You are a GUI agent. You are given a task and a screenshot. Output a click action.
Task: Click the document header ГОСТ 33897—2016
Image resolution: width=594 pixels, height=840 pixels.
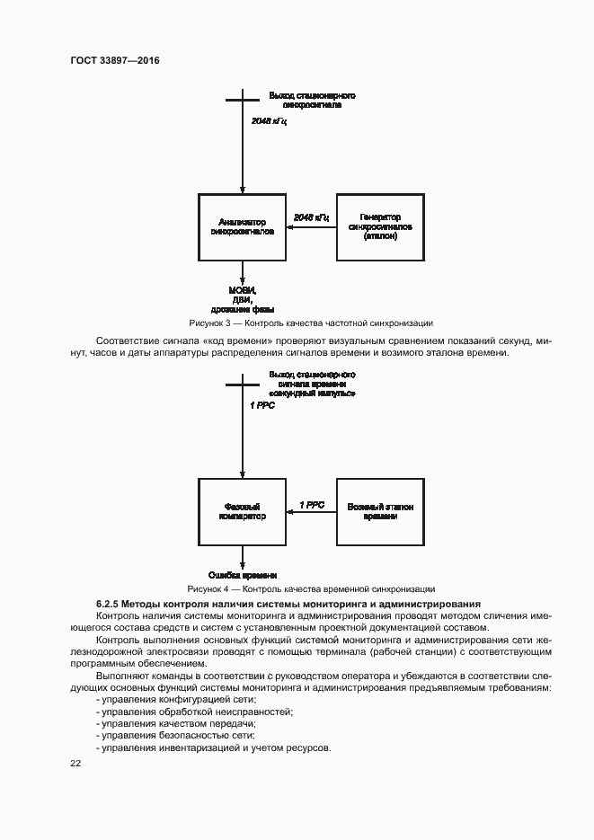(115, 60)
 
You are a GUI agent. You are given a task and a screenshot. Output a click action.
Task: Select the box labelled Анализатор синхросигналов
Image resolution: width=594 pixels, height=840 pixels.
(242, 226)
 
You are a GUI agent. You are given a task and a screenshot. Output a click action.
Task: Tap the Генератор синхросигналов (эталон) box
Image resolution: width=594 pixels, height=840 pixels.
(380, 226)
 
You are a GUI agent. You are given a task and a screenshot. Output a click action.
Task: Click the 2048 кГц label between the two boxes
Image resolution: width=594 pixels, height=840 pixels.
(311, 217)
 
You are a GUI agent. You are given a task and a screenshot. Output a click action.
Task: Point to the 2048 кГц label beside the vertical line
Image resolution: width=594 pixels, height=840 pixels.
(270, 119)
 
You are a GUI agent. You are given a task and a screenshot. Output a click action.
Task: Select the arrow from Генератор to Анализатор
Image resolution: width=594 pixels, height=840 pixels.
(311, 227)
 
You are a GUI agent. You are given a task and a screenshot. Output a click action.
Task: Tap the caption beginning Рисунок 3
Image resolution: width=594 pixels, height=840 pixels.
(311, 322)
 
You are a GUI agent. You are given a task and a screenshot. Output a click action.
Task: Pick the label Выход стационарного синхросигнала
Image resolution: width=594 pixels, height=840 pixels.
(312, 100)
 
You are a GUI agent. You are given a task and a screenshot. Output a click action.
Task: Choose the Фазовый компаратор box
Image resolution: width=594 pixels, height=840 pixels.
(242, 511)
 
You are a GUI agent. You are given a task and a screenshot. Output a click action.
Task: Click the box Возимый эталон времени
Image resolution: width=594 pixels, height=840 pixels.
(380, 511)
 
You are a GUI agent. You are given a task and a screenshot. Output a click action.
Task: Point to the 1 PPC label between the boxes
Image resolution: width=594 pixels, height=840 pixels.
(312, 505)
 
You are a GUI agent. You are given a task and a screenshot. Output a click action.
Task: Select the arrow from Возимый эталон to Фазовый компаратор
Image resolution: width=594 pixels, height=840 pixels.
(311, 513)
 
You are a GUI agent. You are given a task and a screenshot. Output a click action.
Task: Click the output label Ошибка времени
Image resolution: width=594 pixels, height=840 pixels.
(243, 574)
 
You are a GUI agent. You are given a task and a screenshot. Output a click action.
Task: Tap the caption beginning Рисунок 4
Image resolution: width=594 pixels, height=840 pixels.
(311, 588)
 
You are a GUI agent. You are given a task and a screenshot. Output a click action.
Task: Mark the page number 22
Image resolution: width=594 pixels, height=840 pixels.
(75, 763)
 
